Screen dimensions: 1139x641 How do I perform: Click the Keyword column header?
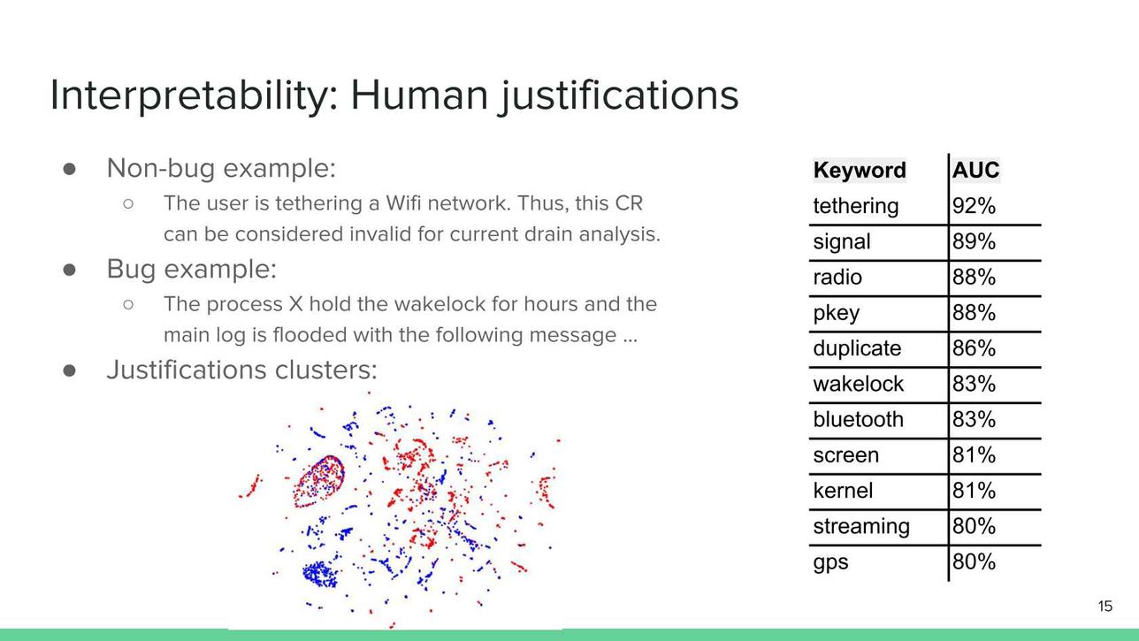click(860, 171)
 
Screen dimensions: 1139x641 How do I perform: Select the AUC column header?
click(975, 171)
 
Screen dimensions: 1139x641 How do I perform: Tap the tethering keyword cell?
click(856, 206)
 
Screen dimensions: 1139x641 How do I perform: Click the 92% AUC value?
click(974, 206)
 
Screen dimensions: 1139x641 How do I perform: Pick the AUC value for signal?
click(974, 241)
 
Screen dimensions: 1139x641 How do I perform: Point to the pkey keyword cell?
click(837, 314)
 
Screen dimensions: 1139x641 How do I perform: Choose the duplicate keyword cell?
click(857, 348)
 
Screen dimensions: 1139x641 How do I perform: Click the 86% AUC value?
click(974, 348)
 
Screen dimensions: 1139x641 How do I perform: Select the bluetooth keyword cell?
click(859, 419)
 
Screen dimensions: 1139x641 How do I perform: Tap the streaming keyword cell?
click(861, 527)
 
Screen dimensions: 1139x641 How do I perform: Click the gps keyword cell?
click(830, 562)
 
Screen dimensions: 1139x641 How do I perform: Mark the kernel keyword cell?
click(843, 491)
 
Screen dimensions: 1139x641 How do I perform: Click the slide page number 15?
click(1105, 606)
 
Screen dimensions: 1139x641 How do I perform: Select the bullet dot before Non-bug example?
click(69, 169)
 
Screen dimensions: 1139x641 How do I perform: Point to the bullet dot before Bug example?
click(69, 270)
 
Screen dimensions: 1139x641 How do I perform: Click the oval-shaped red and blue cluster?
click(320, 481)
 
